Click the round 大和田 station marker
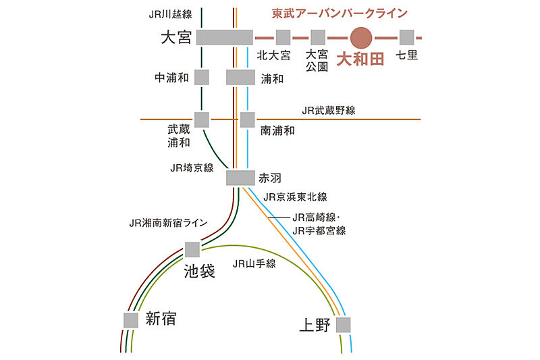pos(361,38)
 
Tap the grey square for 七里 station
pos(407,38)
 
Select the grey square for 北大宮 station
pos(283,38)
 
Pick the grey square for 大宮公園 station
pos(318,38)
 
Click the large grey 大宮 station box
pos(225,38)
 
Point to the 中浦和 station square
pos(202,77)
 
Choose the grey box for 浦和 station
pos(240,77)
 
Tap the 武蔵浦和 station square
pos(202,120)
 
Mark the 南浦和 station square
pos(247,120)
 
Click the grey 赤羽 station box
pos(240,178)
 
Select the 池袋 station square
pos(192,249)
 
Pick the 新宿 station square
pos(131,320)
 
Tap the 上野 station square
pos(344,325)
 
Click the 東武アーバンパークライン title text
pos(340,14)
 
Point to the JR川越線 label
pos(171,14)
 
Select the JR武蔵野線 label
pos(329,110)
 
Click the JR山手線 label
pos(254,264)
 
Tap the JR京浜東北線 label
pos(295,197)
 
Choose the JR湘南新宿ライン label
pos(168,223)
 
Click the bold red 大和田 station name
pos(360,59)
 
